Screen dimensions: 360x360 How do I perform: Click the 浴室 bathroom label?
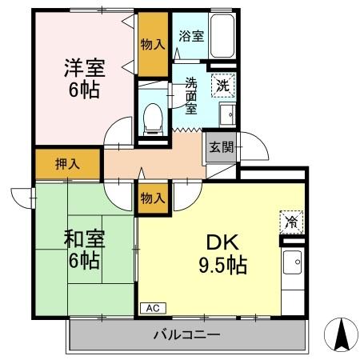tap(190, 36)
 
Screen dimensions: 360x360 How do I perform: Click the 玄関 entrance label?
tap(221, 147)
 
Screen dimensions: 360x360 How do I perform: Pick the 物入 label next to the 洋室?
tap(152, 45)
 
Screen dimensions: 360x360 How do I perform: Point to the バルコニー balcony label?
tap(186, 334)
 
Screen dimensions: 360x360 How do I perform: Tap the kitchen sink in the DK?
tap(292, 260)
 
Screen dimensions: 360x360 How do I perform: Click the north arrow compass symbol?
tap(342, 335)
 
